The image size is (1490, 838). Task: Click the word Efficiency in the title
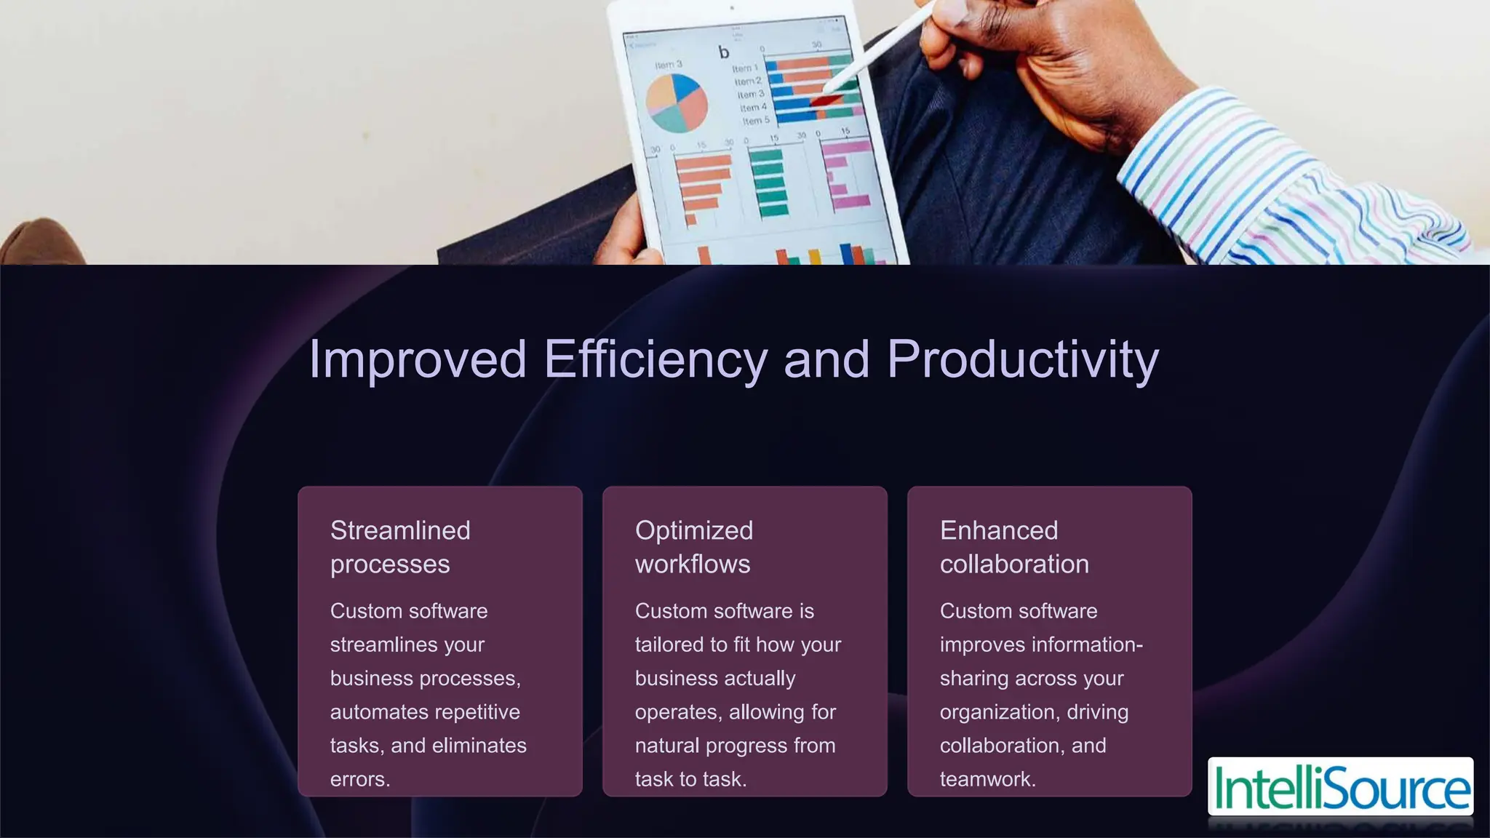coord(655,359)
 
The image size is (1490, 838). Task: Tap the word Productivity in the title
coord(1022,359)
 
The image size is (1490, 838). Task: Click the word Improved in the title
coord(418,359)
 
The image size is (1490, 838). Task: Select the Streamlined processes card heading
coord(400,547)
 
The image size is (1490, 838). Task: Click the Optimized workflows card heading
coord(693,547)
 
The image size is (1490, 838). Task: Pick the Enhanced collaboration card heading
coord(1013,547)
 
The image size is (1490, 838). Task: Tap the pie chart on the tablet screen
coord(677,103)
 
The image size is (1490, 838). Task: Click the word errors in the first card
coord(359,779)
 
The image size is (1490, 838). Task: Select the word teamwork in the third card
coord(986,779)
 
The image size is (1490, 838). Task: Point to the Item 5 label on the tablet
coord(755,121)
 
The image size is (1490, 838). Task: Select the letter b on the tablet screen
coord(723,52)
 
